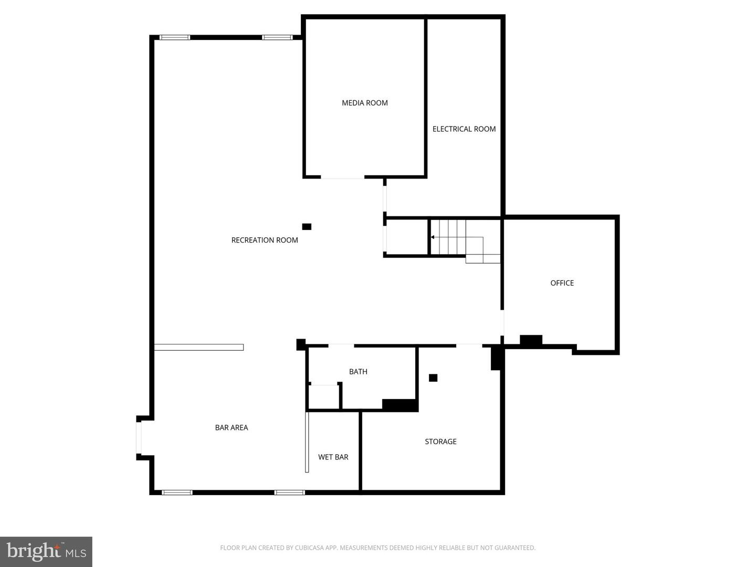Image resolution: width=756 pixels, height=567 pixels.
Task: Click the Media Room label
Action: [364, 103]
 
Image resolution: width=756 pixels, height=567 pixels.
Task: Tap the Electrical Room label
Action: [464, 129]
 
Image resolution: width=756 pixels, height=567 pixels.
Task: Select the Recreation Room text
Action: [265, 240]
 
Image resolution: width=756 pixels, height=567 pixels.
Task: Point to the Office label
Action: [562, 283]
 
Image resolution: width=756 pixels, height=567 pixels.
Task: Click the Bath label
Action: [358, 372]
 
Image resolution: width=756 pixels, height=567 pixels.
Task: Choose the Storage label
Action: [440, 442]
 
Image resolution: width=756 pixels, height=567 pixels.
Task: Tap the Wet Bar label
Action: [333, 457]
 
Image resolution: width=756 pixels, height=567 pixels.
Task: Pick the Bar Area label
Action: [232, 427]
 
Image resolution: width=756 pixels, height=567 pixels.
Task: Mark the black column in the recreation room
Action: [307, 226]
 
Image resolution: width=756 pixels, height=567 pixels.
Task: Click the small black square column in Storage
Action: [433, 377]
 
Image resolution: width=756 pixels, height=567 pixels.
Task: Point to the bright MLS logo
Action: [46, 551]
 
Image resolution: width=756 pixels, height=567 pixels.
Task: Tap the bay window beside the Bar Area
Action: [139, 438]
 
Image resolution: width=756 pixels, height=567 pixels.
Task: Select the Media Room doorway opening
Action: [342, 177]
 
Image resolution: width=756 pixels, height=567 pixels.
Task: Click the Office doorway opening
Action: [502, 322]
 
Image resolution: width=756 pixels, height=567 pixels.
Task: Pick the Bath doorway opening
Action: [341, 345]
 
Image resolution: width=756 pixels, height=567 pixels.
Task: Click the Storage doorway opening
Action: [469, 345]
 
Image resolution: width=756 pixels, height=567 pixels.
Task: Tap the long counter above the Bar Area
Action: [199, 348]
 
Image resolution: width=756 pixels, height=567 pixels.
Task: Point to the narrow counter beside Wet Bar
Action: [307, 443]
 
